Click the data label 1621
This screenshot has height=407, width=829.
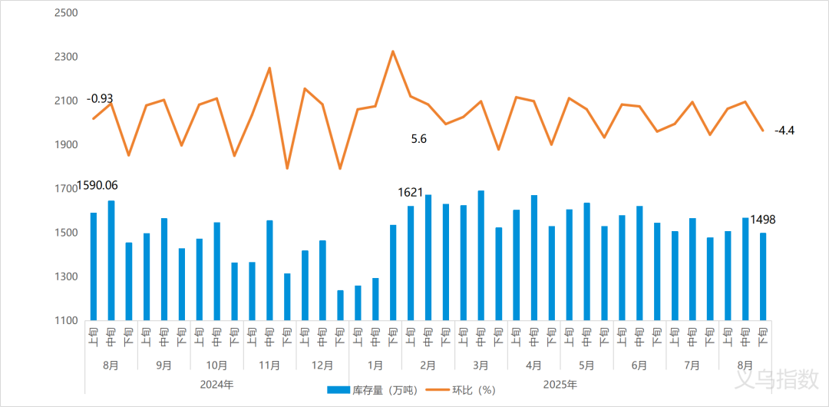[411, 191]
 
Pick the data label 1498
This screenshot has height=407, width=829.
[763, 220]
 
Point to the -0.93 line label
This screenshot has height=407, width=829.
[100, 98]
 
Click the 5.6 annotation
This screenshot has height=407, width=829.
[419, 139]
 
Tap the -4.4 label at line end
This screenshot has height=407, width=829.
[784, 131]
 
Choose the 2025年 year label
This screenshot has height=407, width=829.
[560, 384]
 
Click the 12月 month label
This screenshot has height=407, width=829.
[323, 366]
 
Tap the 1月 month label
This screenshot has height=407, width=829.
[376, 366]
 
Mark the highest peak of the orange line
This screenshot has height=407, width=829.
[393, 51]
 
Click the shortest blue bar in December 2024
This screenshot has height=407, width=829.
[340, 305]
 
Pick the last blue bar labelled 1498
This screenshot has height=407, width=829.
[763, 276]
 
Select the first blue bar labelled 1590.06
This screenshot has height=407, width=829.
[94, 266]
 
